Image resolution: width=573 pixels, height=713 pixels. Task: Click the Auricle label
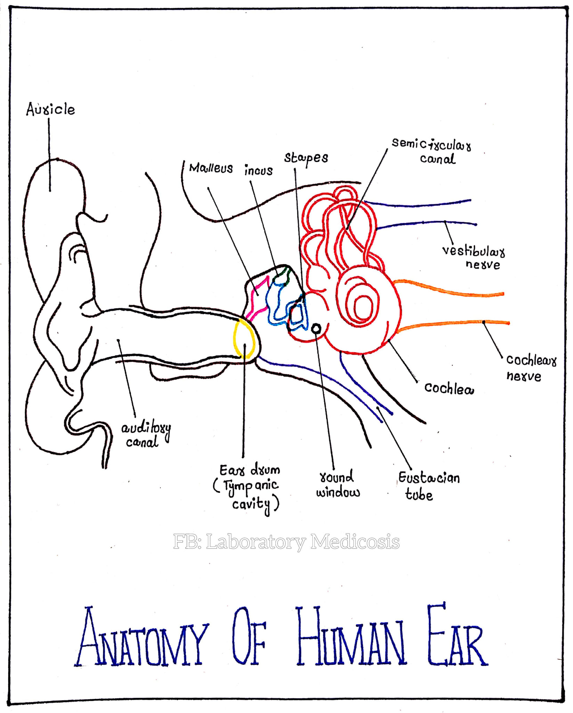50,109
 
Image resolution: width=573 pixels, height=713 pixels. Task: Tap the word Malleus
211,168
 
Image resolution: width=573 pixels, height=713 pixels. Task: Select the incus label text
258,170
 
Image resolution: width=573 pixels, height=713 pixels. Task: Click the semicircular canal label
431,151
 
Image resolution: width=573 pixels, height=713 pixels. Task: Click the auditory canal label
146,435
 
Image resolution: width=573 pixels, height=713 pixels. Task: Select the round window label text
338,484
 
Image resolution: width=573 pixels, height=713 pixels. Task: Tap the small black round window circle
316,328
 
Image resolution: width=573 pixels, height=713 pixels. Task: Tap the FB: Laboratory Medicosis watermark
286,542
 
